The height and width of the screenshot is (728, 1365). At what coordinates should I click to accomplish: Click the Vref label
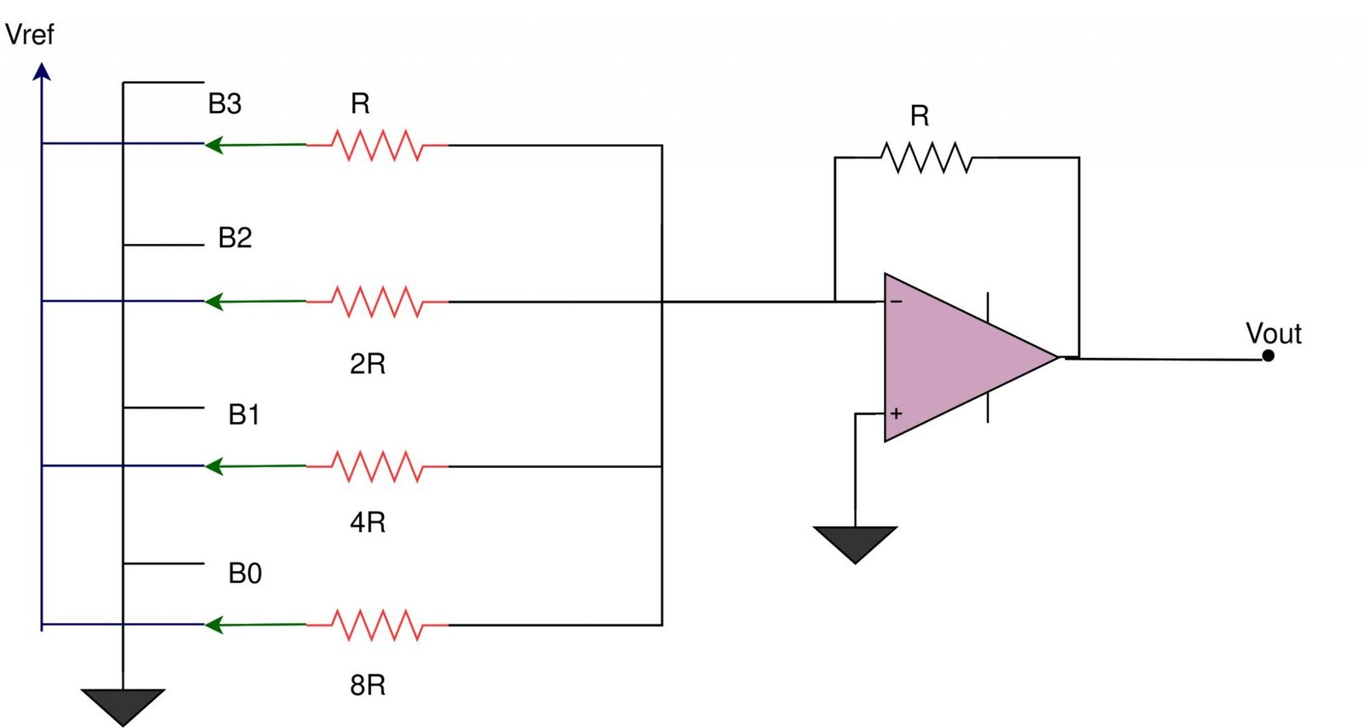tap(29, 35)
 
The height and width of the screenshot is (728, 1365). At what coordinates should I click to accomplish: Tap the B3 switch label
tap(224, 104)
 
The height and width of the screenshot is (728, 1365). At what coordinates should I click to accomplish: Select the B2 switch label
tap(235, 238)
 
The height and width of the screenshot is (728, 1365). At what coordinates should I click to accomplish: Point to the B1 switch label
tap(244, 415)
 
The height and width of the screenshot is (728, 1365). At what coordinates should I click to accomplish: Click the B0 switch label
tap(245, 574)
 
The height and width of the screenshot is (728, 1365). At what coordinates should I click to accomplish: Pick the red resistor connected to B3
tap(376, 146)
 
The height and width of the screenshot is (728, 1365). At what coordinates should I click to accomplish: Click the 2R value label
tap(368, 364)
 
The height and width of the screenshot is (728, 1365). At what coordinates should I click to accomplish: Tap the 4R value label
tap(368, 522)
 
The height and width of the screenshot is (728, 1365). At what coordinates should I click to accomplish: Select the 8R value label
tap(368, 685)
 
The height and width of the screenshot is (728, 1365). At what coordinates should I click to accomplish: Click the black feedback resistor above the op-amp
tap(926, 158)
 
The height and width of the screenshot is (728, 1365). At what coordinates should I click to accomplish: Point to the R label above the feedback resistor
tap(919, 116)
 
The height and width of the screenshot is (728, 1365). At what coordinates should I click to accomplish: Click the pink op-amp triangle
tap(955, 358)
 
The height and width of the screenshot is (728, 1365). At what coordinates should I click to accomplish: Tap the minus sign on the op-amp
tap(896, 302)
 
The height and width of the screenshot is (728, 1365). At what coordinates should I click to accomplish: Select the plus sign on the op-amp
tap(896, 413)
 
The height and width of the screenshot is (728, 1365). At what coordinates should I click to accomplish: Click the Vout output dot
tap(1268, 355)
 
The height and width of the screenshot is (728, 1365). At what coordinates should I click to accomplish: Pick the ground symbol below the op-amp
tap(855, 542)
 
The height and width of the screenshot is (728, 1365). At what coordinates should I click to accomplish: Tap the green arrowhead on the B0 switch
tap(214, 626)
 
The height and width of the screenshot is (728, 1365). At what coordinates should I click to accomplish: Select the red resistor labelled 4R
tap(376, 467)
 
